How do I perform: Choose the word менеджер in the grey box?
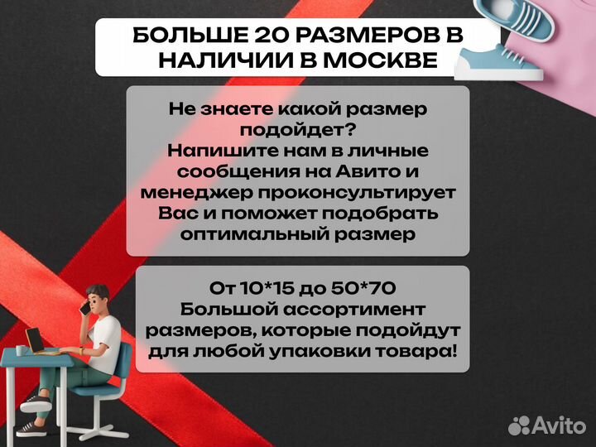pos(187,192)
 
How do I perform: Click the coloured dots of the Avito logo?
pos(518,425)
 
